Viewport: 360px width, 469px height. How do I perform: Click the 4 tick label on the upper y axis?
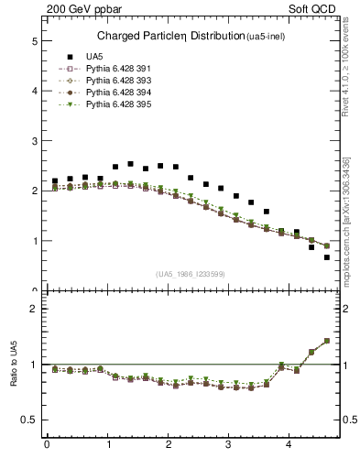34,92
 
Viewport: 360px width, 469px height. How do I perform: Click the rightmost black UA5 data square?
327,257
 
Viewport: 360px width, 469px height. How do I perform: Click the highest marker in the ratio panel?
327,341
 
